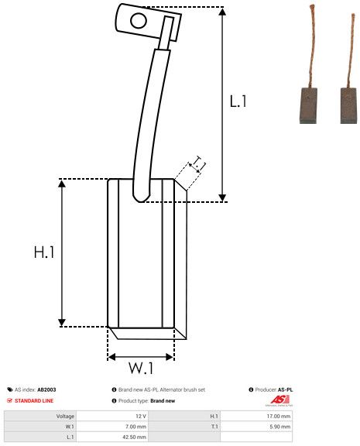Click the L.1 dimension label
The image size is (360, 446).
click(238, 101)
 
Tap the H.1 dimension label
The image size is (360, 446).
click(44, 252)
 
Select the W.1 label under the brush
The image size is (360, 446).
click(141, 368)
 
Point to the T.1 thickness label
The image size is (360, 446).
click(199, 163)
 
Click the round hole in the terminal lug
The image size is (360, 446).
click(139, 21)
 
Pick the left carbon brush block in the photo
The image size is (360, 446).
click(309, 105)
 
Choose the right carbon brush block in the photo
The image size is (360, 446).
click(348, 105)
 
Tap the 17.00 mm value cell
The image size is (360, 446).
click(279, 416)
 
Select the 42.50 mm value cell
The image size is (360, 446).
click(134, 437)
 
